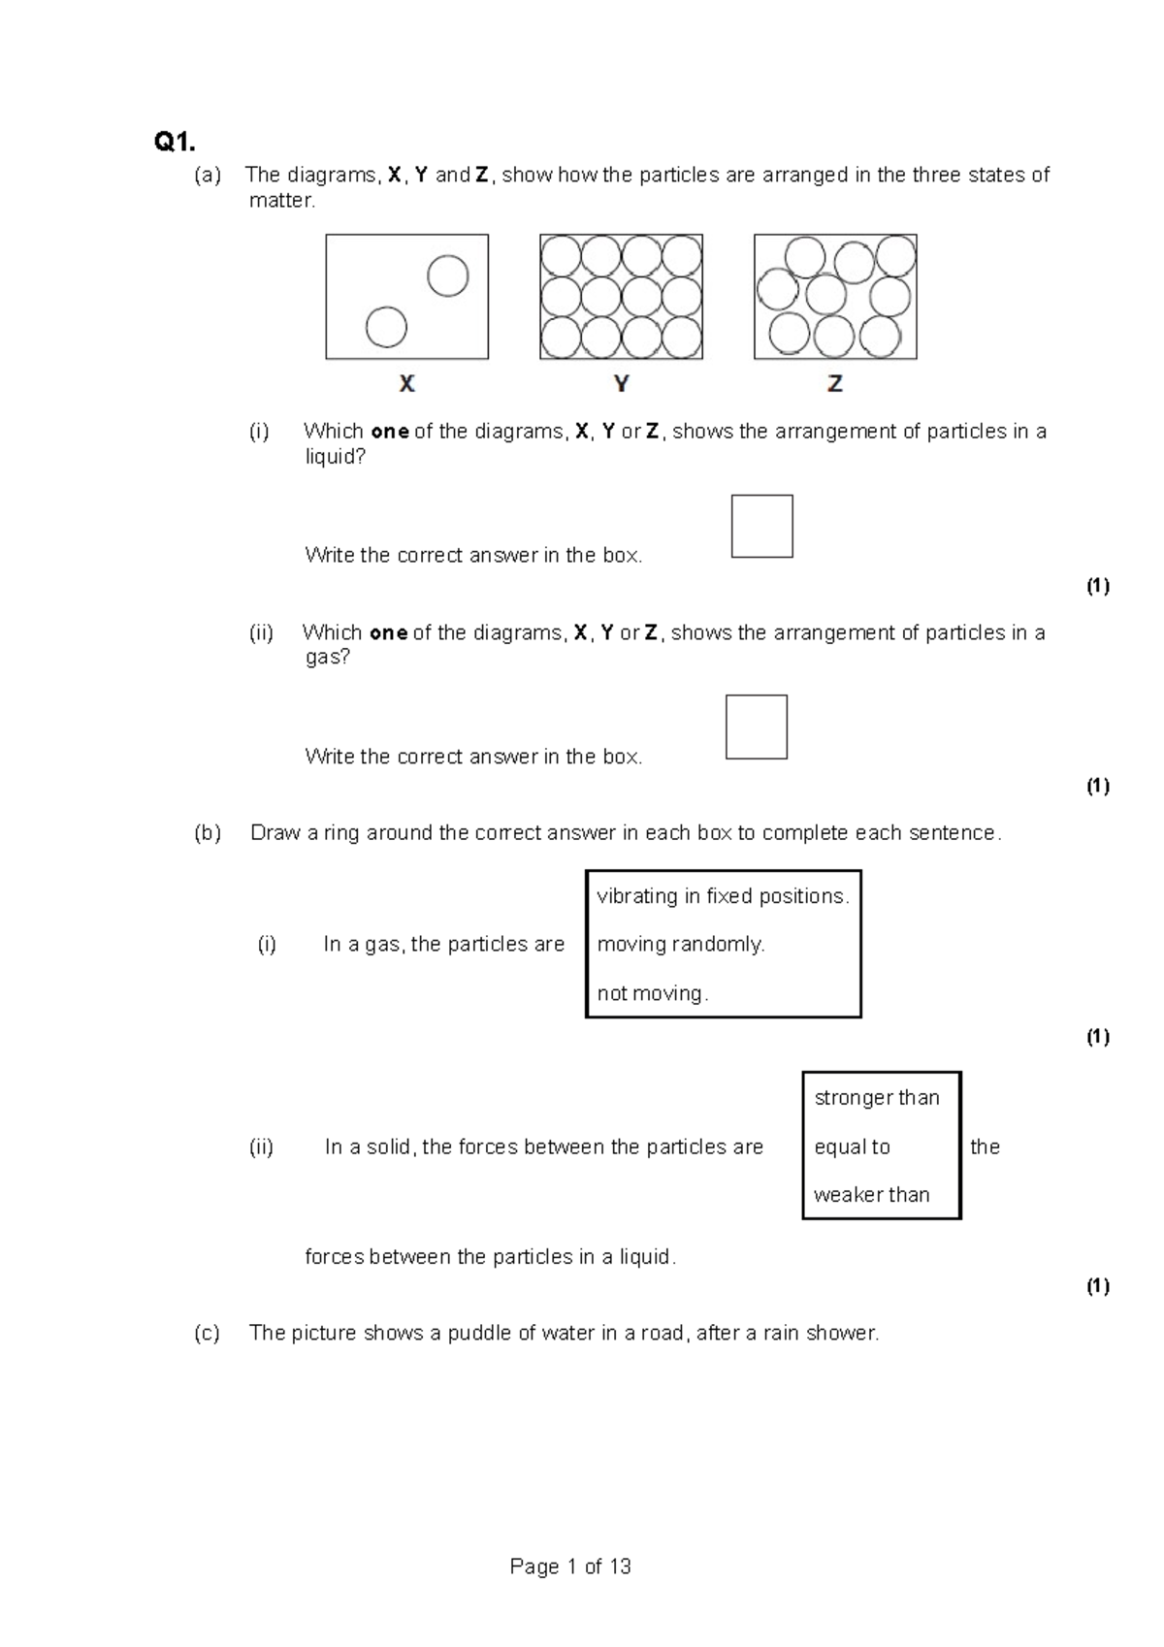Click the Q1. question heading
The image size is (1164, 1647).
coord(175,143)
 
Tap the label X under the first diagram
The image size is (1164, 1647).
coord(407,384)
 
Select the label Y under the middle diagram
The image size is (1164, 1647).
coord(622,384)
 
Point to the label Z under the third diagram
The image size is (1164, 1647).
coord(835,384)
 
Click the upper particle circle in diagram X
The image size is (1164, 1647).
coord(448,276)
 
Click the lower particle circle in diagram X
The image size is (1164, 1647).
coord(386,327)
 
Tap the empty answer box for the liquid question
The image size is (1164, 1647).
coord(761,527)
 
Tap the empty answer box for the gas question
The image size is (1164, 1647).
coord(757,727)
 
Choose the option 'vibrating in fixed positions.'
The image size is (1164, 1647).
coord(723,896)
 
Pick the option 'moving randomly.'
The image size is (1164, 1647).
coord(681,944)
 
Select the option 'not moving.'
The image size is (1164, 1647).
coord(653,993)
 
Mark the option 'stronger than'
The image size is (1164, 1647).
coord(877,1098)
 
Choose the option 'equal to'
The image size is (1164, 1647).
coord(852,1147)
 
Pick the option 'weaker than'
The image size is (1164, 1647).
coord(871,1195)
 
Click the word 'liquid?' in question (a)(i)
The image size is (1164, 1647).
coord(336,457)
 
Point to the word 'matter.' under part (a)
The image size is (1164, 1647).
coord(282,201)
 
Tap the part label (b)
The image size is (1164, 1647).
coord(208,833)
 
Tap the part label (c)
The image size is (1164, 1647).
coord(207,1333)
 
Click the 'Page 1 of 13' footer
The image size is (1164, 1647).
coord(570,1566)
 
